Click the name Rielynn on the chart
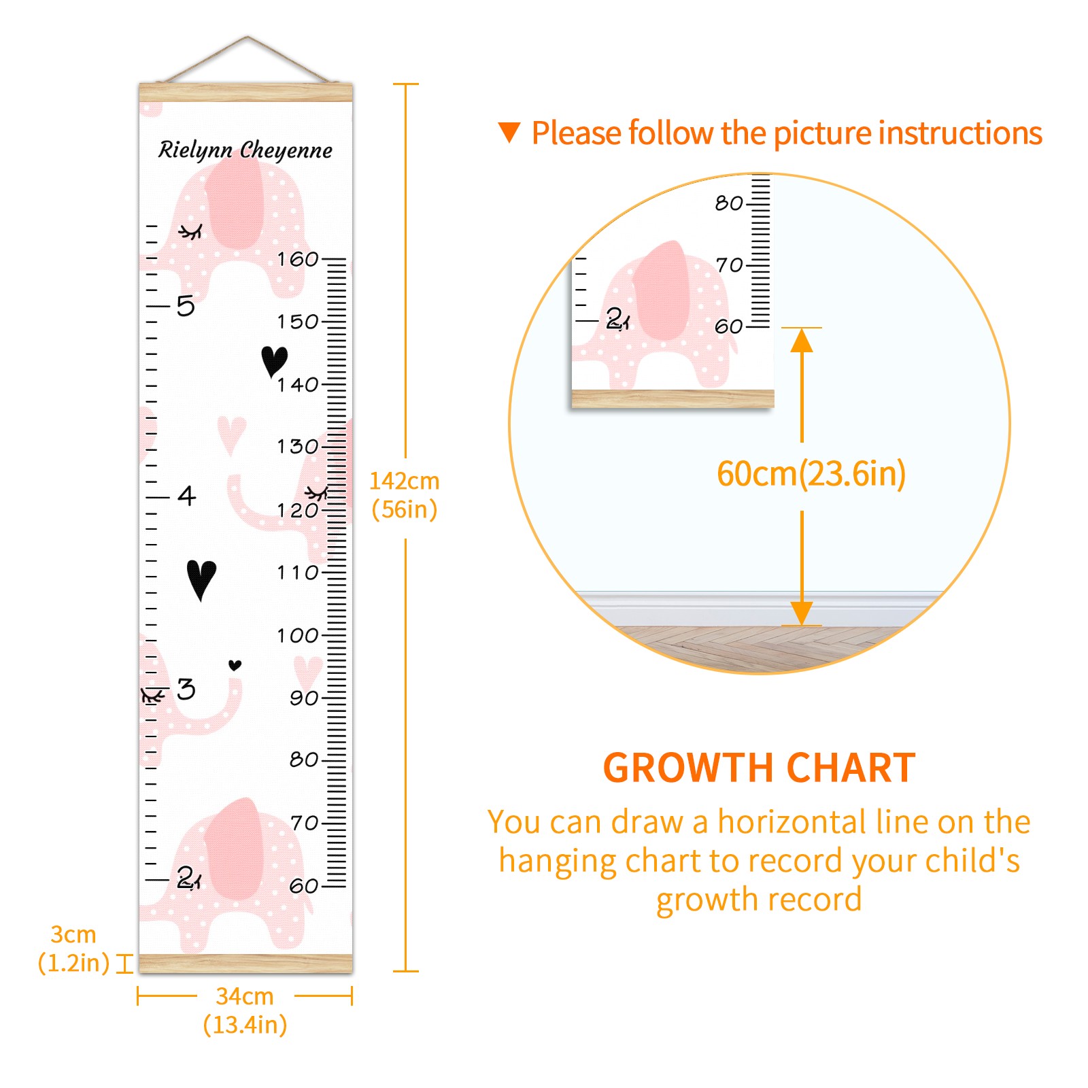point(195,150)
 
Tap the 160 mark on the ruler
point(298,259)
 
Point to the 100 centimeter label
point(298,636)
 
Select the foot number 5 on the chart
point(186,306)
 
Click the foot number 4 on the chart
point(187,496)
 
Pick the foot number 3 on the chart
point(186,689)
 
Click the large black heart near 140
point(275,361)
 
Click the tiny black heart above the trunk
point(235,665)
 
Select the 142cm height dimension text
point(405,495)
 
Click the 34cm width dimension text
point(245,1010)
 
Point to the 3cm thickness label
point(73,949)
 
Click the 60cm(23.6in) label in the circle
point(811,474)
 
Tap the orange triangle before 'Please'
point(509,132)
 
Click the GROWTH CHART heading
point(759,768)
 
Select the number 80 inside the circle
point(729,203)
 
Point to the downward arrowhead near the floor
point(802,613)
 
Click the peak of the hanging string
point(248,37)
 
